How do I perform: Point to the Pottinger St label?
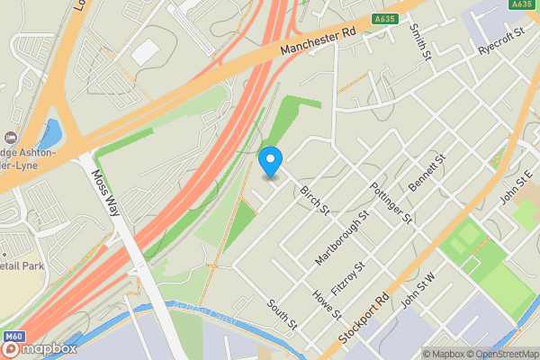pos(391,202)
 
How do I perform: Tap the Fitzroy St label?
pos(348,280)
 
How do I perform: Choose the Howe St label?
pos(326,304)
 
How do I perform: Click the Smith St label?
pos(419,40)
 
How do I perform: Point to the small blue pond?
pos(49,133)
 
